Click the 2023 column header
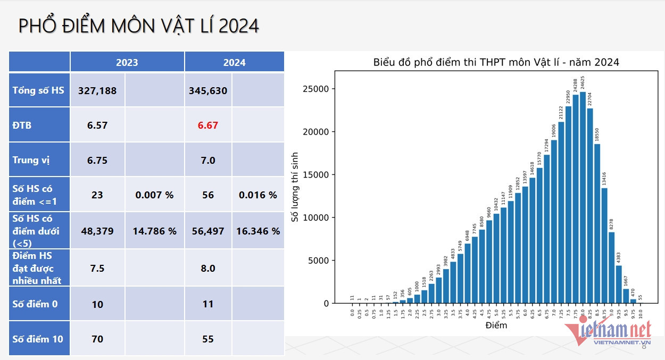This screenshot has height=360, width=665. (x=127, y=62)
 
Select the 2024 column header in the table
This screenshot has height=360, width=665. (x=234, y=62)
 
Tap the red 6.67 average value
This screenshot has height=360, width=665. (x=208, y=125)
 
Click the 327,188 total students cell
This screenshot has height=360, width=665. (x=97, y=90)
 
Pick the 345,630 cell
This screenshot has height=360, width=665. (x=208, y=90)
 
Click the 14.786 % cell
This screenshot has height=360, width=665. (x=155, y=231)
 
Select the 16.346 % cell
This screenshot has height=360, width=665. (x=258, y=231)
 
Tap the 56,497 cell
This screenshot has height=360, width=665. (x=208, y=231)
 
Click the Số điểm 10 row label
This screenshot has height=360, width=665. (x=38, y=339)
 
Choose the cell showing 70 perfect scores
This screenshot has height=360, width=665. (x=97, y=339)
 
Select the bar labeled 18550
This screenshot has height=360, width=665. (x=597, y=223)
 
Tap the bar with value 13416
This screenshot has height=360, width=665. (x=604, y=245)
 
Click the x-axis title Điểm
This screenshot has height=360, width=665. (x=496, y=325)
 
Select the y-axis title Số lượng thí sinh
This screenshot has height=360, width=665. (x=294, y=187)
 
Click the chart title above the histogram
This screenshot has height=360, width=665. (x=496, y=62)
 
